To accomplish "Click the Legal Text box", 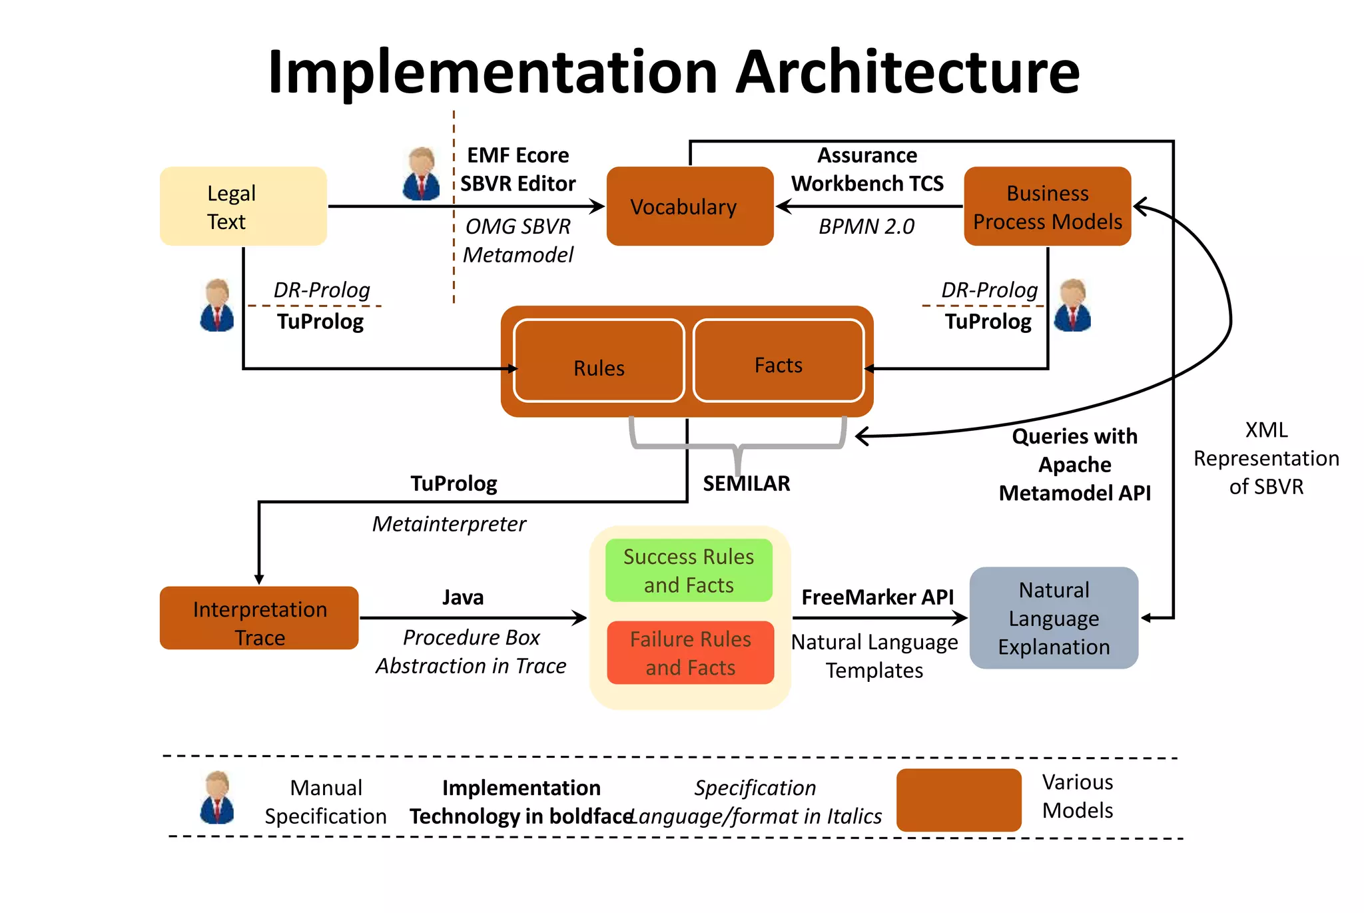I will (x=243, y=206).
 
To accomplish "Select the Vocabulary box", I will (x=689, y=206).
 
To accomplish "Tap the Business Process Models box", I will (x=1047, y=206).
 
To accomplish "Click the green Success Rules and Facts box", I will (x=689, y=571).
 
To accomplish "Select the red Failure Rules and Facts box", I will (x=690, y=653).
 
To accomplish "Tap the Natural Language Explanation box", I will (x=1054, y=618).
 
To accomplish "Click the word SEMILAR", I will (x=746, y=483).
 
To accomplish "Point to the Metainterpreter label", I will (x=449, y=524).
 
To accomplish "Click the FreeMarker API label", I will (x=877, y=597).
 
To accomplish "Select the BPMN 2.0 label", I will (x=866, y=226).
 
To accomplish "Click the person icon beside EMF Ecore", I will (x=421, y=174).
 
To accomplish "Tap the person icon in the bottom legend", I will (x=217, y=798).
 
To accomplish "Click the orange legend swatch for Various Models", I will (x=958, y=800).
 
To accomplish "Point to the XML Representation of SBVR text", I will (x=1265, y=458).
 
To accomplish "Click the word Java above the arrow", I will (x=463, y=597).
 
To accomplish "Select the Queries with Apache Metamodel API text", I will (x=1074, y=465).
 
